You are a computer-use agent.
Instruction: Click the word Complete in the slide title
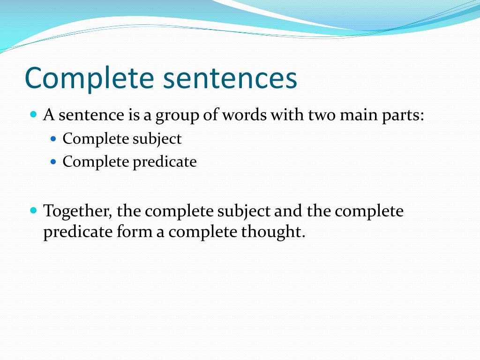(90, 78)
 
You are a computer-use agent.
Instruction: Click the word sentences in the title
(230, 78)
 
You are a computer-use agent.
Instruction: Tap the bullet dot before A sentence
(33, 114)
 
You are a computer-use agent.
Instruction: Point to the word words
(244, 115)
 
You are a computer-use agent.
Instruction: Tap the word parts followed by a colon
(402, 115)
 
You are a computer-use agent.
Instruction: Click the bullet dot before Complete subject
(53, 139)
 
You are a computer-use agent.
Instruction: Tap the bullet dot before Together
(33, 210)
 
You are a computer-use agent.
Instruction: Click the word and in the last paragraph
(288, 211)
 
